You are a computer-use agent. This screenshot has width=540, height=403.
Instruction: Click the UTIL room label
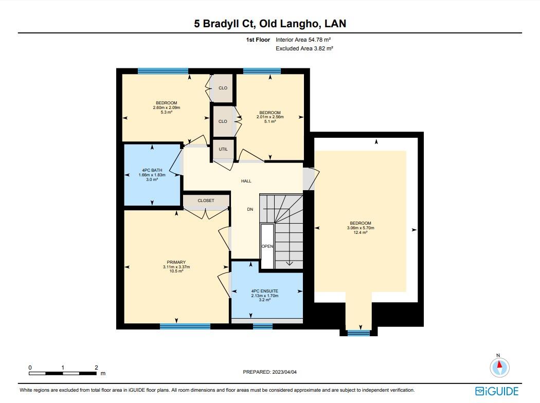click(223, 149)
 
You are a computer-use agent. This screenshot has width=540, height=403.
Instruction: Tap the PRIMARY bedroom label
click(176, 262)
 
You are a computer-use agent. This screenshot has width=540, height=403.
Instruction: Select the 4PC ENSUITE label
click(265, 291)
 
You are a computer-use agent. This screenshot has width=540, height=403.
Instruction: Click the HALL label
click(246, 181)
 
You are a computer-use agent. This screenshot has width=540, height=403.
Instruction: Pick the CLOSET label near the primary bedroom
click(206, 200)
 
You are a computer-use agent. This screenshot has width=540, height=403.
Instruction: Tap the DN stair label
click(250, 209)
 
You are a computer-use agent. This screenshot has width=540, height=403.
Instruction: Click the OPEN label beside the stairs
click(267, 247)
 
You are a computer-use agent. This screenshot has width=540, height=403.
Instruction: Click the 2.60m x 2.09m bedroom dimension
click(167, 107)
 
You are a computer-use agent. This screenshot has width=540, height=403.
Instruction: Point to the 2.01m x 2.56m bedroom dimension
click(270, 117)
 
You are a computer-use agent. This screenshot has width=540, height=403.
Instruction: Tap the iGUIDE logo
click(497, 391)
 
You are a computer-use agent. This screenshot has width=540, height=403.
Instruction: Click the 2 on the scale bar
click(96, 368)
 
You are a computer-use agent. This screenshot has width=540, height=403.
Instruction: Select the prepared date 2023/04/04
click(285, 372)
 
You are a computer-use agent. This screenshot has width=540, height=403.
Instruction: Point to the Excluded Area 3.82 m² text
click(304, 48)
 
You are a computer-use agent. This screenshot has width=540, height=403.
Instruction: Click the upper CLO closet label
click(223, 88)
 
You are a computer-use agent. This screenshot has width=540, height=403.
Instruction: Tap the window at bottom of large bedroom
click(358, 333)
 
